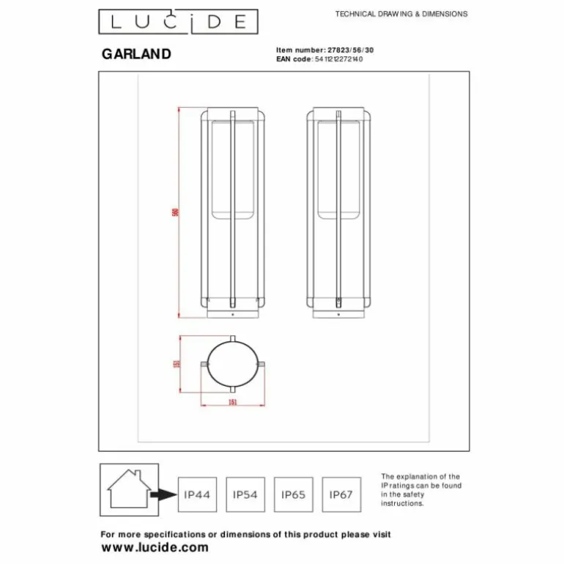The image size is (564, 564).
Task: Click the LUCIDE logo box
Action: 179,22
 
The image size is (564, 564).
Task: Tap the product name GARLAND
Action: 136,54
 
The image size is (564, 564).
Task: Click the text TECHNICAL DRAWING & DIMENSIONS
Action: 401,14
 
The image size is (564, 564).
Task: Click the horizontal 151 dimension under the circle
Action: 232,402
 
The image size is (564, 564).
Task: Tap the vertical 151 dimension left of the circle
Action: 177,364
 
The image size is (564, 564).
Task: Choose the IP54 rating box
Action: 245,494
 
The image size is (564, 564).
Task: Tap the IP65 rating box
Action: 293,494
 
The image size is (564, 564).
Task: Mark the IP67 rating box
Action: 341,494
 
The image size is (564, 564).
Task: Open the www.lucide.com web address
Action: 155,547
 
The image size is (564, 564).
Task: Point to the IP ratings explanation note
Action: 421,490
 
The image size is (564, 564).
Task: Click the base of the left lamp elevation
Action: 233,313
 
